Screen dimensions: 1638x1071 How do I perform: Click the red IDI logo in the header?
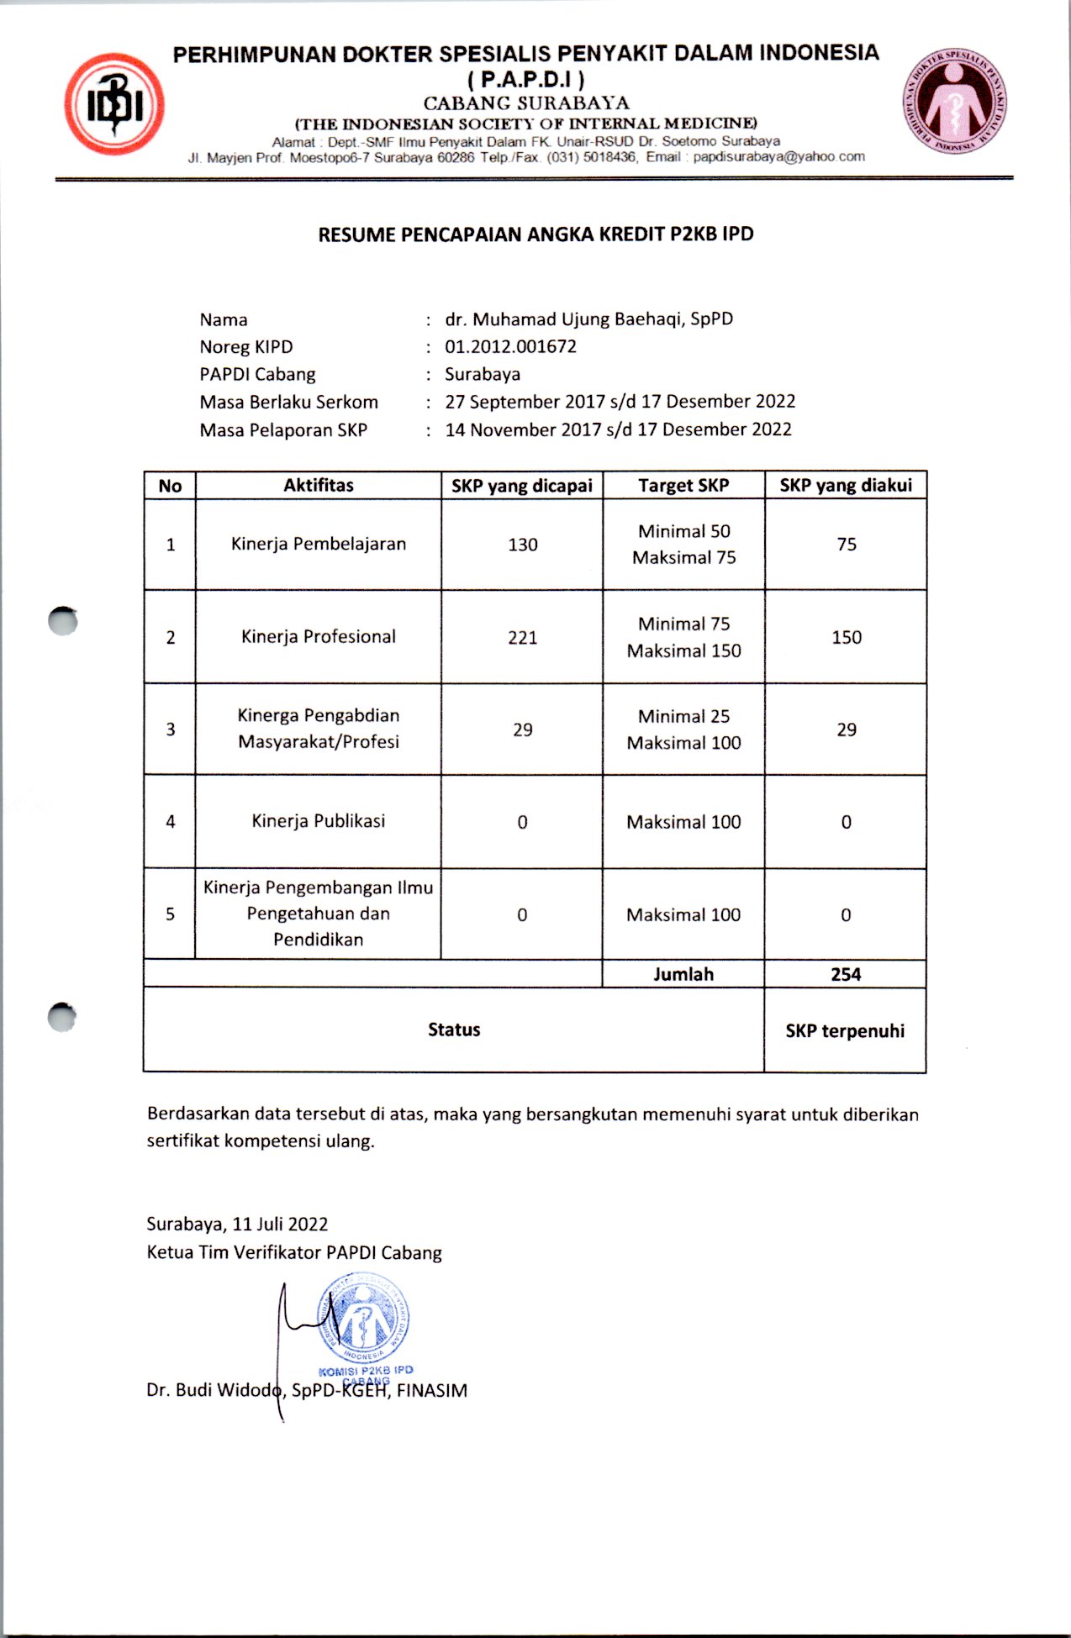(114, 104)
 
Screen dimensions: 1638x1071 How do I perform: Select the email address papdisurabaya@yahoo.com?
(778, 156)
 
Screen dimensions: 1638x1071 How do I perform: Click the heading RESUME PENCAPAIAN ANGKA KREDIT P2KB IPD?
(535, 234)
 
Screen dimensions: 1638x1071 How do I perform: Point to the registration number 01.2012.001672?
(510, 346)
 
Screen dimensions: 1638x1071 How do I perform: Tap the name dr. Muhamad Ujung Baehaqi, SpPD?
(588, 319)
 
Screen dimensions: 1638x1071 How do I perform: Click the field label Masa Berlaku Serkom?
(288, 402)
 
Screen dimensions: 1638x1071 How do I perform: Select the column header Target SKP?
(683, 486)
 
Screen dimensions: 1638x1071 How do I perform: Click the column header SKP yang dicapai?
(521, 486)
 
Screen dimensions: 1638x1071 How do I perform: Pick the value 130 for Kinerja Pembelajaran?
(522, 545)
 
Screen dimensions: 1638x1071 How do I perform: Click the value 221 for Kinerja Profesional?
(522, 637)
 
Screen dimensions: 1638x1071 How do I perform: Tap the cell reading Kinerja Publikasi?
(318, 821)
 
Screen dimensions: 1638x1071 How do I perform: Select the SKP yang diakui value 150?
(846, 637)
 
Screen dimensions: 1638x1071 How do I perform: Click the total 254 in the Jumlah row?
(846, 974)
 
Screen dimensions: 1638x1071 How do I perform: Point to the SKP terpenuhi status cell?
(845, 1030)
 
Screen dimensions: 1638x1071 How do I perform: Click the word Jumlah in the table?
(683, 974)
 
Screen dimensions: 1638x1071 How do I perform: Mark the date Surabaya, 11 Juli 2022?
(237, 1224)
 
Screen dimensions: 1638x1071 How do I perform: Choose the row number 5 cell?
(170, 914)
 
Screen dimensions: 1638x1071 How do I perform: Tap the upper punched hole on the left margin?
(63, 621)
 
